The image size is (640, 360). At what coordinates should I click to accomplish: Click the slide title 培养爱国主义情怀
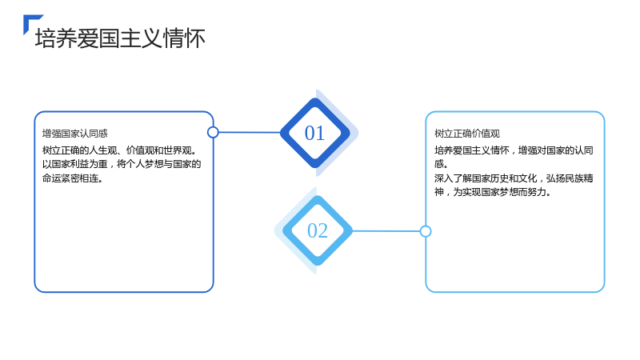(120, 38)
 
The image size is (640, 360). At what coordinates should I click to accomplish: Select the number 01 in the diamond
(314, 133)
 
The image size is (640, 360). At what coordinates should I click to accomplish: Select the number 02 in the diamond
(318, 230)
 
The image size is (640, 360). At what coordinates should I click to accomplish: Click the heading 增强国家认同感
(74, 134)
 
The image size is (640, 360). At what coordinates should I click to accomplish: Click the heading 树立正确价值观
(467, 134)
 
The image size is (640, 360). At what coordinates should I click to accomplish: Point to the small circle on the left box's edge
(213, 132)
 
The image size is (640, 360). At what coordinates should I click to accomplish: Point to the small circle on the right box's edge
(426, 231)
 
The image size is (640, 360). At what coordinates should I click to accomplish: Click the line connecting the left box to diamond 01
(250, 132)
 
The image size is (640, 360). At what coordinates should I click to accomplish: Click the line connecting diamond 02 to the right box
(386, 231)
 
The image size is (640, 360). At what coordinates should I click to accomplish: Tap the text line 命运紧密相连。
(72, 178)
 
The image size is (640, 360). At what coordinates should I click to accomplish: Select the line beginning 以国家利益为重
(122, 164)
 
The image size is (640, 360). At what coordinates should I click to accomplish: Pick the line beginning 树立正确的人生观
(120, 150)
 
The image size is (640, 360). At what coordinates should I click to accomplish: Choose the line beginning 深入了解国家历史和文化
(514, 178)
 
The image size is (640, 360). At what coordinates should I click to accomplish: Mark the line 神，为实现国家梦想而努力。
(493, 192)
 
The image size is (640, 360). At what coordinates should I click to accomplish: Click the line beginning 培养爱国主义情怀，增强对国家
(514, 150)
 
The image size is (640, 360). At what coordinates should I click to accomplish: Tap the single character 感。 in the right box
(442, 164)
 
